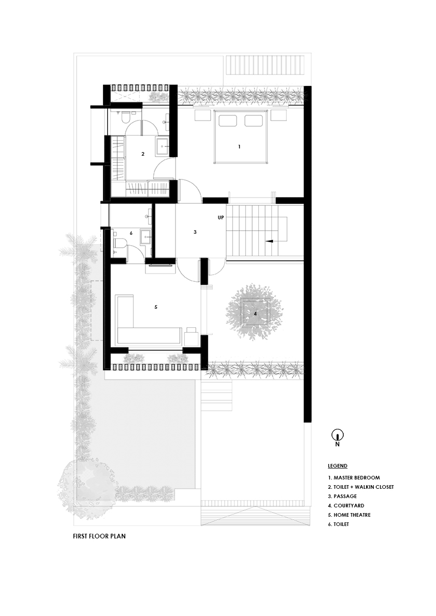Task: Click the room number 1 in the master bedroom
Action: (239, 147)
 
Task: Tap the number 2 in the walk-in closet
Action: (142, 154)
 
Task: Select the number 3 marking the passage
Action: (195, 232)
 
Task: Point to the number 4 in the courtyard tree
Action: (255, 313)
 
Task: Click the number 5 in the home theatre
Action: (155, 307)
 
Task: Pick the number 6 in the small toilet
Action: (131, 233)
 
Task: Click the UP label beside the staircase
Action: (221, 218)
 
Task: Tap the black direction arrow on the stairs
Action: (269, 241)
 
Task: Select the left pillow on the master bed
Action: (228, 121)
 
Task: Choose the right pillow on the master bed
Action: (253, 121)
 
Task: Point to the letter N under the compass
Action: (337, 444)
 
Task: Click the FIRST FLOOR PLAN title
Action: (99, 536)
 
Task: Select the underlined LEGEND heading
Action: (337, 466)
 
